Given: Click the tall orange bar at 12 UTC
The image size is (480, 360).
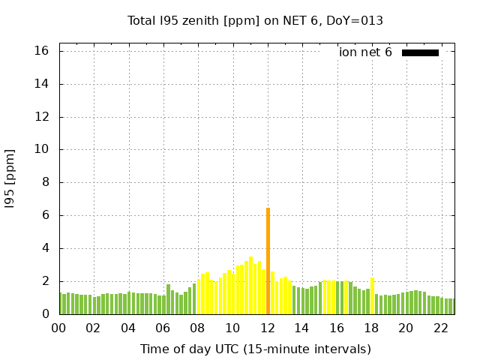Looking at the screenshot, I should (x=268, y=261).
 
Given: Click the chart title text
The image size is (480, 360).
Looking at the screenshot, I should (x=255, y=20).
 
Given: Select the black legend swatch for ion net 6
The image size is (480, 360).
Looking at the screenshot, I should (x=420, y=52).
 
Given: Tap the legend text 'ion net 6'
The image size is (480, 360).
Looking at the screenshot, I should (x=365, y=52).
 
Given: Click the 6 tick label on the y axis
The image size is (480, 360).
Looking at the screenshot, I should (x=45, y=215).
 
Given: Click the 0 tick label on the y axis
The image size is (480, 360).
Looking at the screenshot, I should (x=45, y=314).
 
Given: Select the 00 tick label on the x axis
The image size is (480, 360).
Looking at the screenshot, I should (x=59, y=328).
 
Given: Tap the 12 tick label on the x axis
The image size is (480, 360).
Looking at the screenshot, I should (x=268, y=328).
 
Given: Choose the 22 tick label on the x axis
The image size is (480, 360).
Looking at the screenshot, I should (x=441, y=328).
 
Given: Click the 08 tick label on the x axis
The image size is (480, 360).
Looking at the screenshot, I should (x=198, y=328).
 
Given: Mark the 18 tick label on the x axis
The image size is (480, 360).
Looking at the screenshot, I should (x=372, y=328).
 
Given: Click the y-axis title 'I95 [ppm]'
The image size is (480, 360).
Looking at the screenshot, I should (x=10, y=178).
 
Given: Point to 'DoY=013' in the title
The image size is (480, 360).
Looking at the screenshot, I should (x=356, y=20).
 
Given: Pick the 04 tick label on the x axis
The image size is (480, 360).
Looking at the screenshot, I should (x=128, y=328).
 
